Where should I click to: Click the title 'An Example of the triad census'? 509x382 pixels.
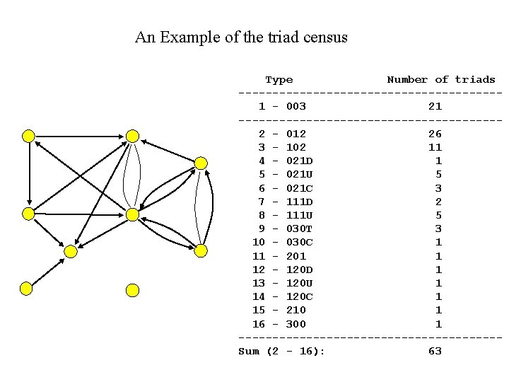(241, 37)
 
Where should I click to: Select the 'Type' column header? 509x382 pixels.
(279, 80)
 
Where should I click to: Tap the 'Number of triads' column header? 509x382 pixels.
(440, 80)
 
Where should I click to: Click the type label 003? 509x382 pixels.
(296, 107)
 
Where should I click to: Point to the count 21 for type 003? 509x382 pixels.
(435, 107)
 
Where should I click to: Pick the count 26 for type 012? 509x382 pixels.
(435, 134)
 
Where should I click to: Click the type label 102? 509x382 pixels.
(296, 147)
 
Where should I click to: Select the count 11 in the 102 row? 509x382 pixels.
(435, 147)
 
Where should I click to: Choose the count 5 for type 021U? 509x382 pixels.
(438, 175)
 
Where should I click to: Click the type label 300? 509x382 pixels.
(296, 324)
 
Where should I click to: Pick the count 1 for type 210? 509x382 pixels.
(438, 311)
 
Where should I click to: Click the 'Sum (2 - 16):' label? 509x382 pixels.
(281, 352)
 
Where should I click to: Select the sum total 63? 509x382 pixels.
(435, 352)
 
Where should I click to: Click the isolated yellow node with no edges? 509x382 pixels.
(132, 290)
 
